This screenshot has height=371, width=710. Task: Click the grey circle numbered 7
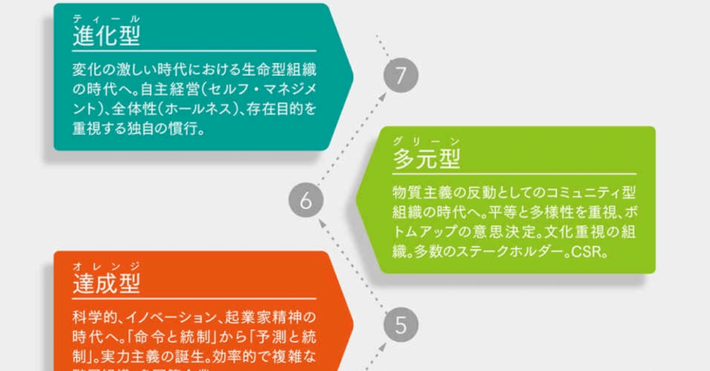pos(400,75)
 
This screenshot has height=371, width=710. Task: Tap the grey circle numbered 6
pos(306,200)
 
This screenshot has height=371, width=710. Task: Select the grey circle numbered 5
pos(400,325)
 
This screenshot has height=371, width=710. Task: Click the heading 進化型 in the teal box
pos(106,36)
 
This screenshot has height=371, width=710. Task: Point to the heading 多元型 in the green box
pos(427,159)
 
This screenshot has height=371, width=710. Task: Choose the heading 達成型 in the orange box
pos(106,284)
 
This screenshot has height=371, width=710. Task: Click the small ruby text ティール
pos(106,19)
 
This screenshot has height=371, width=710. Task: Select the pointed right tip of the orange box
pos(353,325)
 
